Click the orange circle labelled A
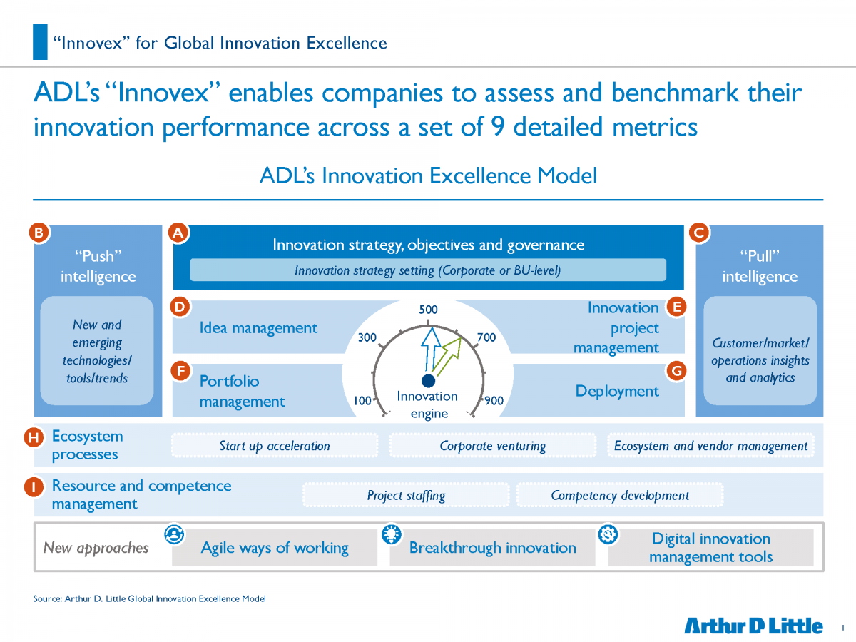(178, 233)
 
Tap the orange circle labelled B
(39, 233)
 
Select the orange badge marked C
(699, 233)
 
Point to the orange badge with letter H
(34, 437)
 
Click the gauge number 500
(428, 310)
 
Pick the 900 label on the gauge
(494, 400)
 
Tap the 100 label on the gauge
(362, 400)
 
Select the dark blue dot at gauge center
(428, 381)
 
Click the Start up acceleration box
(275, 445)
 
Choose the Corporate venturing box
(492, 445)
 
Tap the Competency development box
(620, 495)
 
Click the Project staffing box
(406, 495)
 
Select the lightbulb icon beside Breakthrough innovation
(392, 534)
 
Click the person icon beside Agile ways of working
(174, 534)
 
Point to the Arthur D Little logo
(753, 626)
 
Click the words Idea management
(258, 328)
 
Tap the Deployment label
(617, 391)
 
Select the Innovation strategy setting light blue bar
(428, 270)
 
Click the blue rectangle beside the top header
(40, 41)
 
